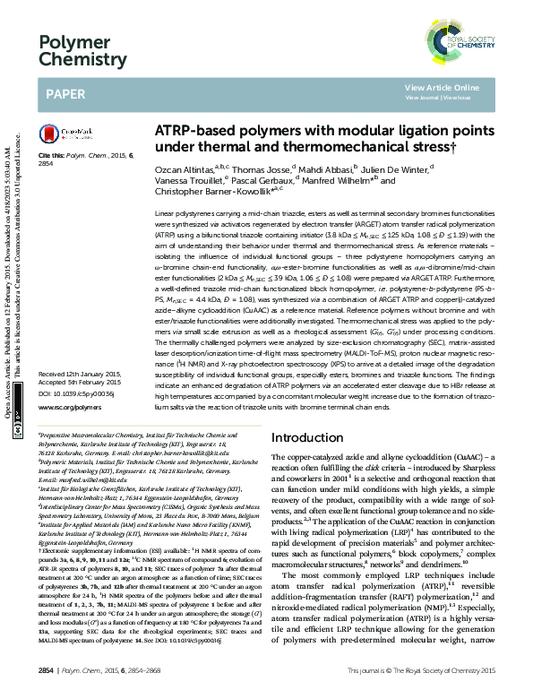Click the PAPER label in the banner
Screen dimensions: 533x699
click(x=65, y=92)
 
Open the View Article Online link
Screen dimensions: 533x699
click(x=442, y=87)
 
